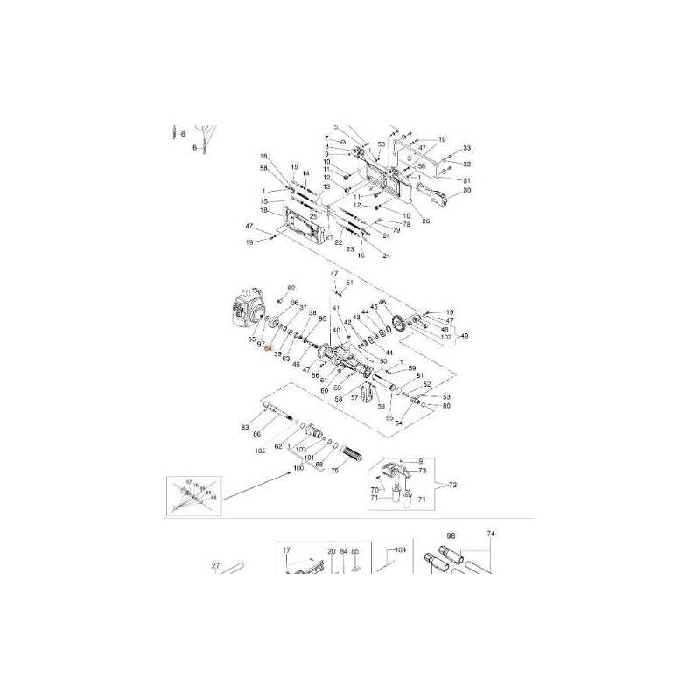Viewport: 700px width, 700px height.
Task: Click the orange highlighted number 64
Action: [x=269, y=347]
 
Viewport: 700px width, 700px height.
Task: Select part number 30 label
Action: [x=467, y=191]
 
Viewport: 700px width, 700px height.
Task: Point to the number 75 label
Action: [x=334, y=471]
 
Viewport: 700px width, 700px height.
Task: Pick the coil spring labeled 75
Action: [x=351, y=455]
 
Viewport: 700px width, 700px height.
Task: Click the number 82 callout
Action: [x=292, y=288]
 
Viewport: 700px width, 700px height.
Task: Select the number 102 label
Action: [x=445, y=337]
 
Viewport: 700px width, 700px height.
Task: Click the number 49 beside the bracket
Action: [x=465, y=336]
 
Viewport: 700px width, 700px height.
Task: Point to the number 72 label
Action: [x=452, y=484]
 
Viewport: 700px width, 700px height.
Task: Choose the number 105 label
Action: [x=260, y=451]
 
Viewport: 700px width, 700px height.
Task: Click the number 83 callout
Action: [x=245, y=427]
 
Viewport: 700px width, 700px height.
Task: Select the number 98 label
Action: [x=451, y=535]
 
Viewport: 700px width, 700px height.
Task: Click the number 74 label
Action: [x=491, y=535]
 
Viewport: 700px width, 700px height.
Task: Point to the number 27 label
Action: [x=216, y=566]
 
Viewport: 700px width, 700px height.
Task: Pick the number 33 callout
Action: [x=467, y=148]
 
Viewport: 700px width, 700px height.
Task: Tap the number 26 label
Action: [x=426, y=220]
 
